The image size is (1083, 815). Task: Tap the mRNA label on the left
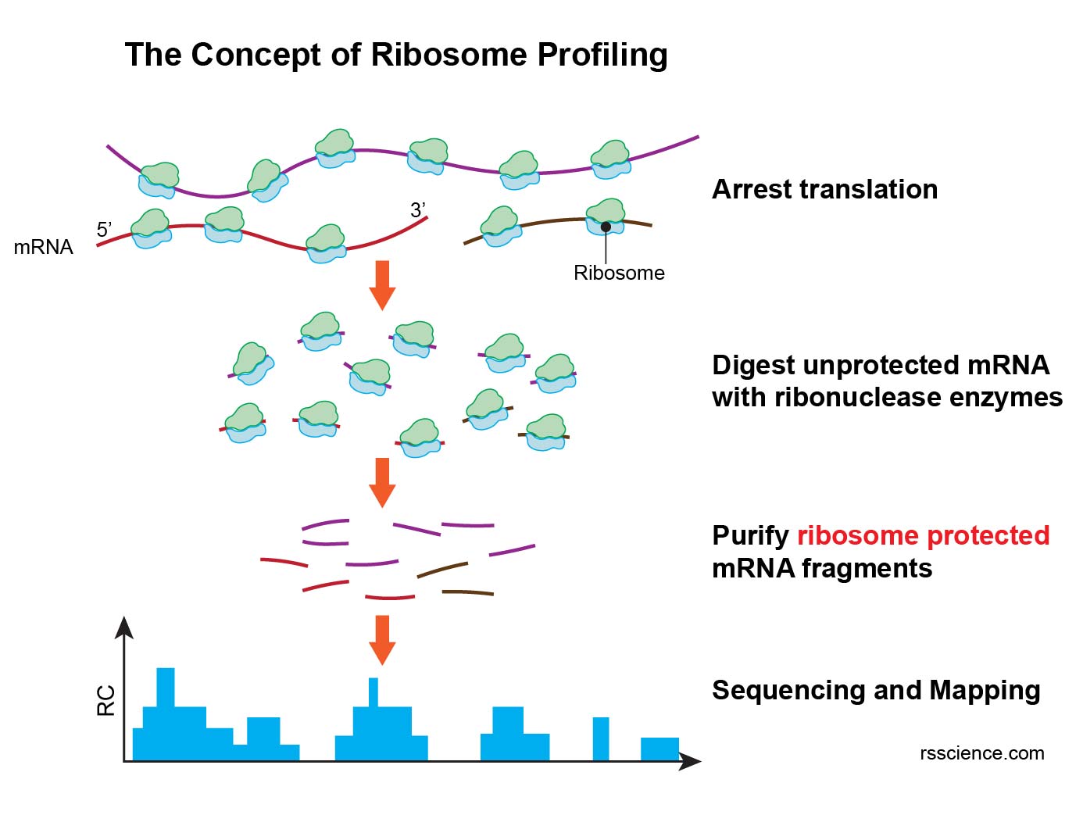click(x=43, y=247)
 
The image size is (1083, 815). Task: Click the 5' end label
click(x=104, y=230)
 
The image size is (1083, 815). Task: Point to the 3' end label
click(x=418, y=210)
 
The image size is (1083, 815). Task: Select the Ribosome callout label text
click(x=618, y=273)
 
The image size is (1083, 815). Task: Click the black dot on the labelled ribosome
click(x=606, y=227)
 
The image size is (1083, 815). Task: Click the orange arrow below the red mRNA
click(x=382, y=285)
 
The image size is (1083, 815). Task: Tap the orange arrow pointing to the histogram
click(x=382, y=639)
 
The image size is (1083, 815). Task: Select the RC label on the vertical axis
click(x=105, y=700)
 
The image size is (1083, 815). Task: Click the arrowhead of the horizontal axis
click(x=691, y=761)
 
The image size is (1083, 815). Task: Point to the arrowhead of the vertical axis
click(x=124, y=627)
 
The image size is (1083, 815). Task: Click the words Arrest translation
click(x=824, y=190)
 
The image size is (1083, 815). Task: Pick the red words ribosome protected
click(x=923, y=535)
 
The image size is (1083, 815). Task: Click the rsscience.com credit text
click(x=981, y=753)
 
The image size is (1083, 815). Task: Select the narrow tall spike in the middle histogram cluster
click(x=374, y=692)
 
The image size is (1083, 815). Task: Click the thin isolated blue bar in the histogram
click(x=601, y=738)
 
